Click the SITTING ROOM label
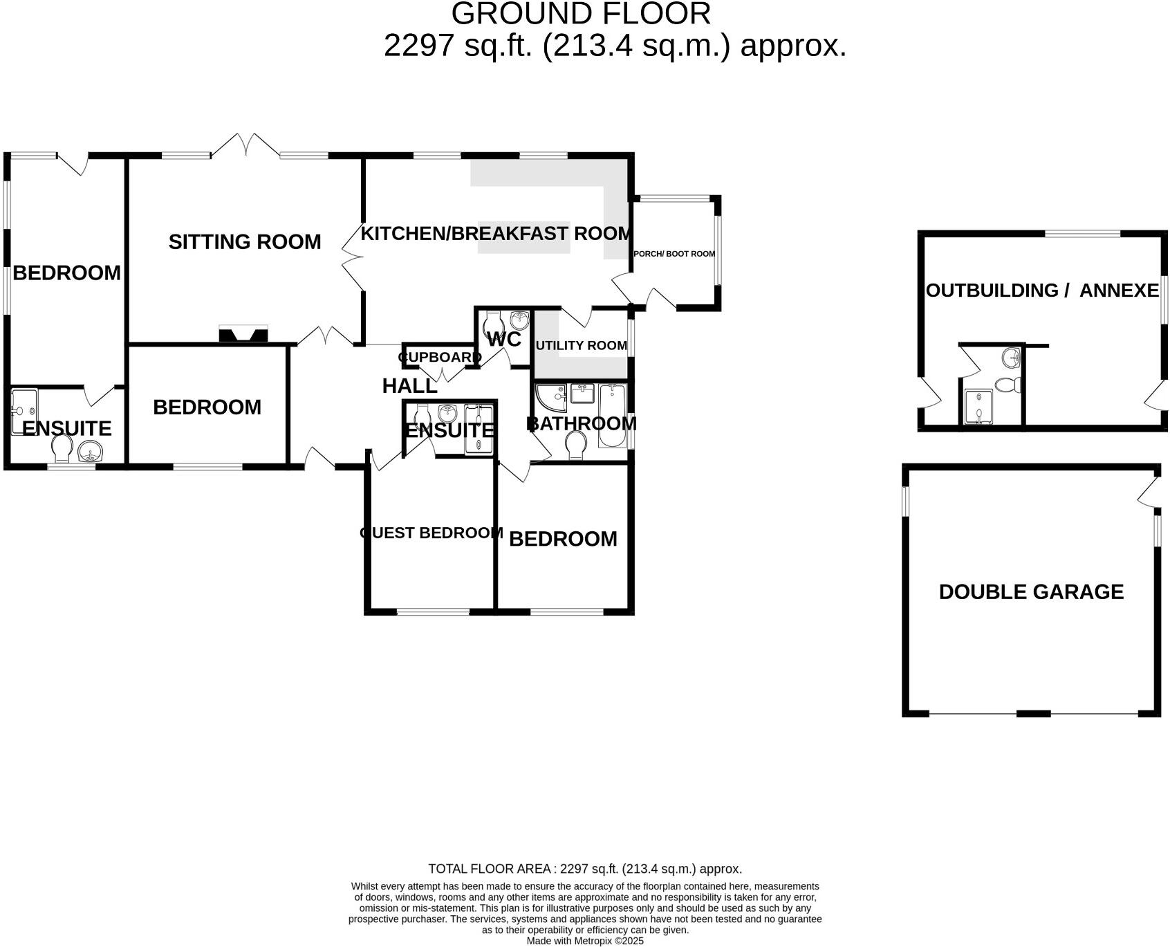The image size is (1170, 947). (x=245, y=242)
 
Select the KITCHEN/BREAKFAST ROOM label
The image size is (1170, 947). (x=495, y=234)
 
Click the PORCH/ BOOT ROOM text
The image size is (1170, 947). (x=674, y=254)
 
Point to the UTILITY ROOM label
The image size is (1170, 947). (x=581, y=345)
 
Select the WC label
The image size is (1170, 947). (x=504, y=340)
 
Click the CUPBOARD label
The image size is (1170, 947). (x=439, y=358)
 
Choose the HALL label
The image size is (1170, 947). (x=409, y=386)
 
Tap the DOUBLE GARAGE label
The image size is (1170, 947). (x=1031, y=592)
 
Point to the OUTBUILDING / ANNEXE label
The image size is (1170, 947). (x=1042, y=291)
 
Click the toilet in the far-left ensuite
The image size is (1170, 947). (x=62, y=448)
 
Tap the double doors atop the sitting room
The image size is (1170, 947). (x=246, y=145)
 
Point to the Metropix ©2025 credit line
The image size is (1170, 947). (x=585, y=941)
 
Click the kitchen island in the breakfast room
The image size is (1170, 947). (x=523, y=237)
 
